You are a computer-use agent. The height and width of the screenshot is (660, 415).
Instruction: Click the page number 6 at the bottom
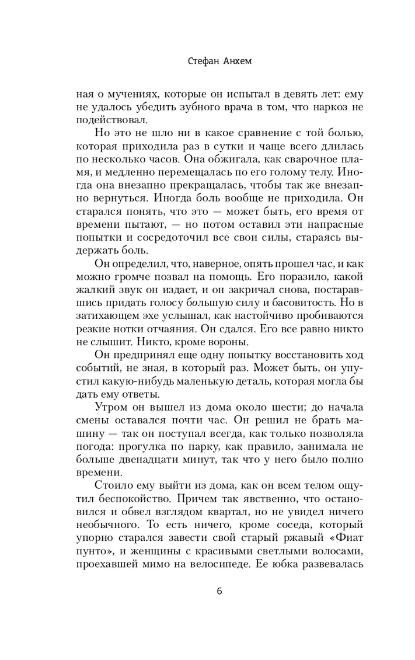219,590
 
